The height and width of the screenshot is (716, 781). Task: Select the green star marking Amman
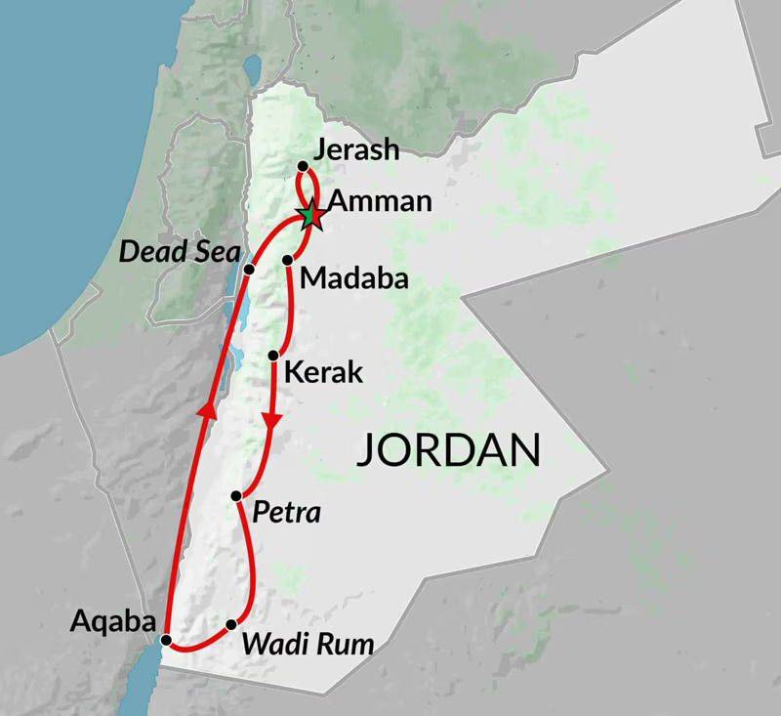pos(310,213)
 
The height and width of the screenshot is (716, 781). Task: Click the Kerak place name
pos(322,372)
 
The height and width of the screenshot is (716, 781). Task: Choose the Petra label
pos(286,512)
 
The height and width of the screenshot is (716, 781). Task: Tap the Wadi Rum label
pos(308,645)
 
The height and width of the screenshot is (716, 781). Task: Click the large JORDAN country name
pos(448,450)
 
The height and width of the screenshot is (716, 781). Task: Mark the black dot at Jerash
pos(303,166)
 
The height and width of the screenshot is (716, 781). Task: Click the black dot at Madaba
pos(288,260)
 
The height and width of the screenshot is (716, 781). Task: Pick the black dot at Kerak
pos(273,355)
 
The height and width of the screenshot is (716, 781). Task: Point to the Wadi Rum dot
pos(231,624)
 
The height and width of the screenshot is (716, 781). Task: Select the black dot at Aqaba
pos(166,641)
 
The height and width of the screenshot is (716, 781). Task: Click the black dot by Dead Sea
pos(249,269)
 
